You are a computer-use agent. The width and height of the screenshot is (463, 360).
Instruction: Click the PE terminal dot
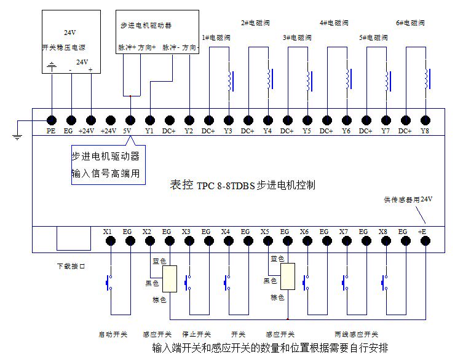(52, 120)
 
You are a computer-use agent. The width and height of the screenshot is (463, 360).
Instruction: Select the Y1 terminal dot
(150, 120)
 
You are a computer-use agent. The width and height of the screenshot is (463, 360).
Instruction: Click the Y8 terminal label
(425, 131)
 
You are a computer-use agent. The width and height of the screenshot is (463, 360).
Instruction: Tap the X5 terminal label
(265, 232)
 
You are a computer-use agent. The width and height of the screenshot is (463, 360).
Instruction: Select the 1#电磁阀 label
(215, 38)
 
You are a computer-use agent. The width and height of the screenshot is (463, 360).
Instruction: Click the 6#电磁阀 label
(411, 23)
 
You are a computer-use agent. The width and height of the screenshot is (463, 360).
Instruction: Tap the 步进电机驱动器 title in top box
(146, 25)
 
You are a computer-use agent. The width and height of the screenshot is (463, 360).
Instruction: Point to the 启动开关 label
(113, 335)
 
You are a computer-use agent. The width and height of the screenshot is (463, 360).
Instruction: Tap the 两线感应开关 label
(357, 335)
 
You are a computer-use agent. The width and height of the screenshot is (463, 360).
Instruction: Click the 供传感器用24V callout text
(409, 200)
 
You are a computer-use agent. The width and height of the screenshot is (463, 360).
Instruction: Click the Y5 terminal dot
(307, 120)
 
